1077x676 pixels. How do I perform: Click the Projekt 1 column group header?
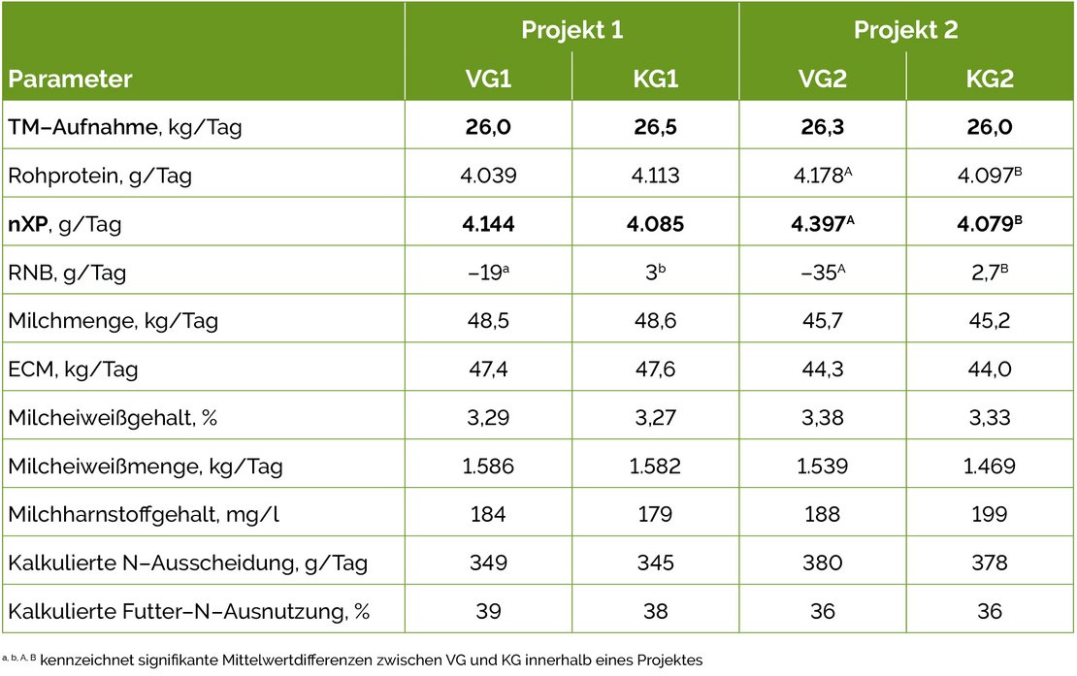pos(571,29)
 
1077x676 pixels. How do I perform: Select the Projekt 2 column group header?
pos(905,29)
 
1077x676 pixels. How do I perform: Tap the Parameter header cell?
pos(70,79)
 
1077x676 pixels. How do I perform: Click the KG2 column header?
pos(990,79)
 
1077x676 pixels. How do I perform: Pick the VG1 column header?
pos(488,79)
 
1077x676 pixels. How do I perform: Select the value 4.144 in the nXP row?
pos(488,224)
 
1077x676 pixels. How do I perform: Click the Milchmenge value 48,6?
pos(655,321)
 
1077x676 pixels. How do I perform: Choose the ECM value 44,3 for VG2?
pos(823,370)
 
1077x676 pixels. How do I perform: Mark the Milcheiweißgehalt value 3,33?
pos(990,418)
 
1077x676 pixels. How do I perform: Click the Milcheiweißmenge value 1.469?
pos(990,467)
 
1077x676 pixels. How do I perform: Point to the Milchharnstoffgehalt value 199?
pos(990,515)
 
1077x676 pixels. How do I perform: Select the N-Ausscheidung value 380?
pos(823,563)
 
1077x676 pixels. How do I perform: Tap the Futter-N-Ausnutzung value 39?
pos(488,612)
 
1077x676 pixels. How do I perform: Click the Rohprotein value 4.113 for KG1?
pos(655,176)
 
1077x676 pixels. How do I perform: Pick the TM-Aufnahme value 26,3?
pos(823,127)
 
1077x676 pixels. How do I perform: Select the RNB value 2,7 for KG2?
pos(988,273)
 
